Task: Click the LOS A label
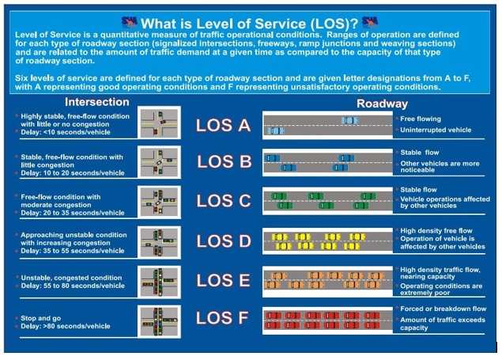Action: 223,125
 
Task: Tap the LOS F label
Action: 222,318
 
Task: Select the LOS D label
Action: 224,241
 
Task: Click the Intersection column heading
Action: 97,102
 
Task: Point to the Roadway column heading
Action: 383,104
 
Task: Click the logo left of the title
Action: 130,22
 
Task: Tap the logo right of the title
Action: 370,22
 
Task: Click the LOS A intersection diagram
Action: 159,123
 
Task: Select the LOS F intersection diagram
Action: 159,321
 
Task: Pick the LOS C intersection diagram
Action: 159,203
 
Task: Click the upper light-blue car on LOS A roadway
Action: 349,120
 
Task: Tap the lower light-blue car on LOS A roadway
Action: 276,131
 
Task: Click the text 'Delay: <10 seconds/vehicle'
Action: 66,132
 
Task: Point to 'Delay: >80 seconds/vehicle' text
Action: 66,326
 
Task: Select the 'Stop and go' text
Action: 40,318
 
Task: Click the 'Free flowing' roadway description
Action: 421,119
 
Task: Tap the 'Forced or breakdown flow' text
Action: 443,309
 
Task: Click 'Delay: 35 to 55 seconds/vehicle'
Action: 73,251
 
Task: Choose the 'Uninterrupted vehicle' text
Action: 436,130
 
